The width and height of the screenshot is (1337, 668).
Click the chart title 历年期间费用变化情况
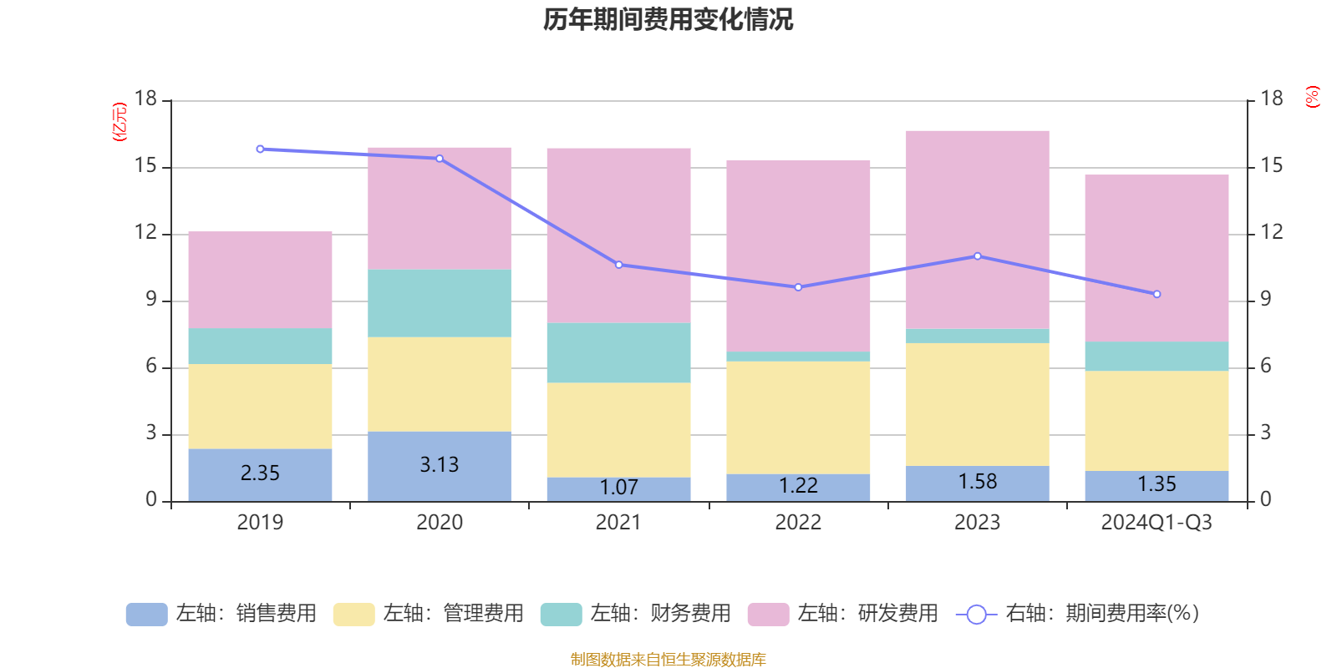point(668,19)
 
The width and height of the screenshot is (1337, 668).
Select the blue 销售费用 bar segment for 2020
point(440,466)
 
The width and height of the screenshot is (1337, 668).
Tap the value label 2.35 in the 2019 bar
point(260,473)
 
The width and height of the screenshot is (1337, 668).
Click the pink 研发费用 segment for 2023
point(978,230)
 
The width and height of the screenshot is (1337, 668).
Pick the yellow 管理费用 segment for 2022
point(798,417)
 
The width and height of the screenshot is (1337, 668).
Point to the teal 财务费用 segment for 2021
point(618,352)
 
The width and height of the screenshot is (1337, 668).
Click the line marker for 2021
point(619,265)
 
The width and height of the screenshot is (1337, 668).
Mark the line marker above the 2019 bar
point(260,149)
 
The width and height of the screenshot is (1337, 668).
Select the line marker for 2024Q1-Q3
point(1157,294)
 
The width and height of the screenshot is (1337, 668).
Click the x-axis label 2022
point(798,523)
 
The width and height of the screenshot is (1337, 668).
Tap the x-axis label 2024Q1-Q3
point(1157,523)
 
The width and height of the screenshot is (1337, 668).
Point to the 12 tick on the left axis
point(146,233)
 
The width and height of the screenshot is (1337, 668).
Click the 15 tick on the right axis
point(1272,166)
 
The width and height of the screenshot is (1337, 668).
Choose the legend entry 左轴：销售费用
point(221,614)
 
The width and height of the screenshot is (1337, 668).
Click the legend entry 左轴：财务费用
point(636,614)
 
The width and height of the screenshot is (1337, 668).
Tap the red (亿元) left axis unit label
point(119,122)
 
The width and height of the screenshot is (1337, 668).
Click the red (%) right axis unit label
point(1313,97)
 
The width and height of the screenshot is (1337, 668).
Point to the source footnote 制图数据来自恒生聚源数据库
point(668,660)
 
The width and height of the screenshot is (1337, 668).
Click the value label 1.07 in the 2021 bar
point(618,487)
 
